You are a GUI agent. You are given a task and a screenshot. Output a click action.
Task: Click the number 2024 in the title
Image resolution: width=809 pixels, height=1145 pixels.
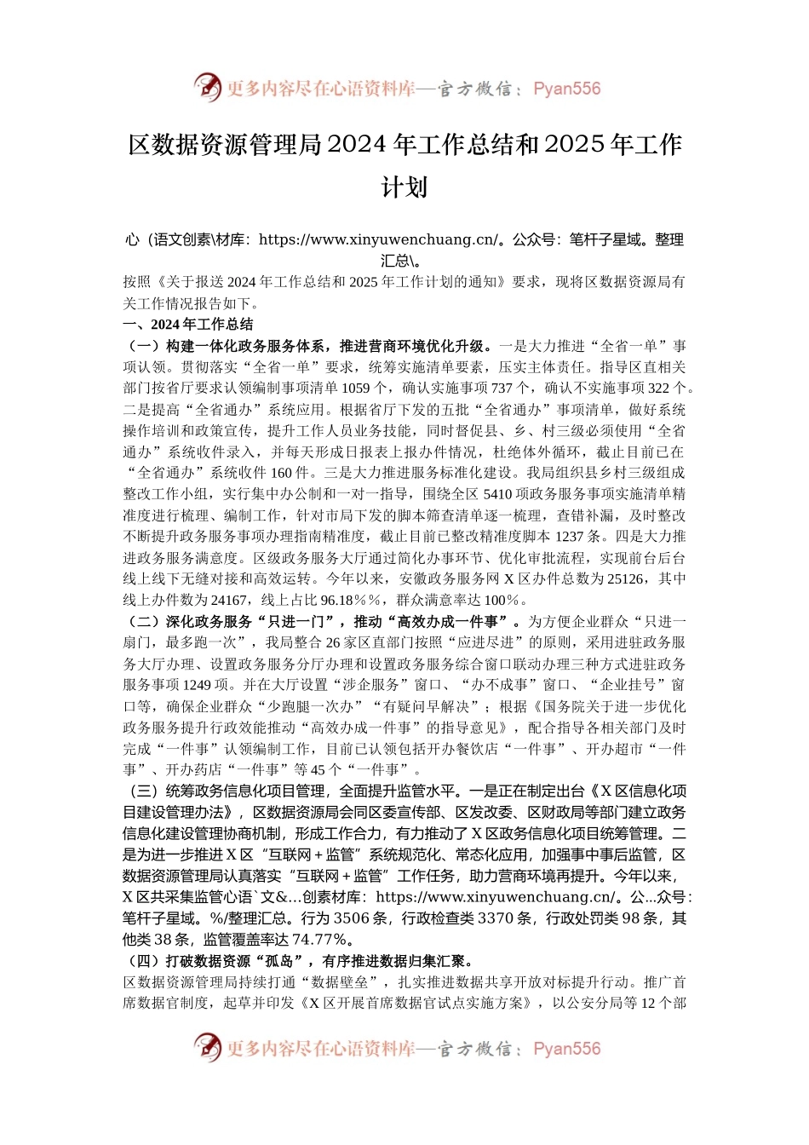coord(358,145)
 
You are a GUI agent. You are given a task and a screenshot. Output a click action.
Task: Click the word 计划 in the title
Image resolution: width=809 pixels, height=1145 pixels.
coord(404,187)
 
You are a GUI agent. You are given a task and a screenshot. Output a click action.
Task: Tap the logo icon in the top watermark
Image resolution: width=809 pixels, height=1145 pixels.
coord(207,87)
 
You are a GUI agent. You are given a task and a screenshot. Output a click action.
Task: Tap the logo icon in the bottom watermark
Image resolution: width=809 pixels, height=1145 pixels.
coord(207,1047)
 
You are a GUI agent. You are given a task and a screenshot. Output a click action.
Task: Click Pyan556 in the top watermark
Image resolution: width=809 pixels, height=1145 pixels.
coord(566,89)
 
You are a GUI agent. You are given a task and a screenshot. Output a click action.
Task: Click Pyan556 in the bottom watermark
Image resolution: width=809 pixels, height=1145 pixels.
coord(566,1049)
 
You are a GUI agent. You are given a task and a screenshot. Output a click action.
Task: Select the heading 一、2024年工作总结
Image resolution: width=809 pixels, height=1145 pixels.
coord(188,325)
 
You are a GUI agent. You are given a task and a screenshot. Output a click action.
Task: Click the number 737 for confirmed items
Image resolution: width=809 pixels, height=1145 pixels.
coord(503,388)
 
